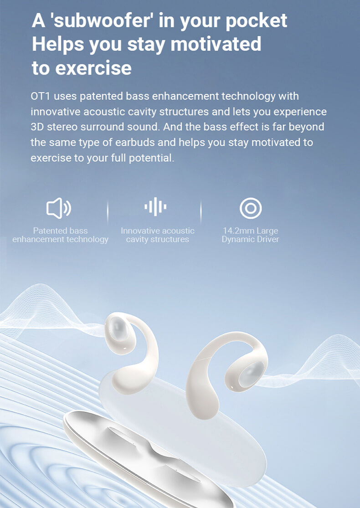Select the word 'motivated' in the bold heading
[216, 44]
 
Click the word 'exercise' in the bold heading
[93, 68]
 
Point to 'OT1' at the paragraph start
[41, 96]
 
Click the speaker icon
[59, 208]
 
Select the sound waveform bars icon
[155, 206]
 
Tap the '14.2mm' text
[235, 231]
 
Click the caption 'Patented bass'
[60, 231]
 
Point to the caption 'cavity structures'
[158, 240]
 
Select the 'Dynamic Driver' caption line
[250, 240]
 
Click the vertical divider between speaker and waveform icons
[108, 212]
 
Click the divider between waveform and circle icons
[201, 212]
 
